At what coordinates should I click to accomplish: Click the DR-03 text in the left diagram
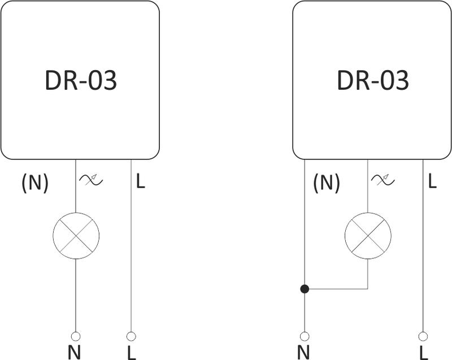(80, 81)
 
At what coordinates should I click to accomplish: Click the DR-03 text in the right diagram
(372, 81)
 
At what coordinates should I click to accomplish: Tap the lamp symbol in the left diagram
(76, 236)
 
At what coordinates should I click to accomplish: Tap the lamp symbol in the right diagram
(368, 236)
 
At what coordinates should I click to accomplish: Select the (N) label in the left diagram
(35, 182)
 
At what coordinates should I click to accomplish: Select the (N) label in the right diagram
(327, 182)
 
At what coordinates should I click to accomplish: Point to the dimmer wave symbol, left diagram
(91, 180)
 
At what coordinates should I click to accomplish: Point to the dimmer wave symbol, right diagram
(383, 180)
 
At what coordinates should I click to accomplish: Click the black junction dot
(305, 289)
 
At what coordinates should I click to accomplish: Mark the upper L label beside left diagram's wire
(141, 181)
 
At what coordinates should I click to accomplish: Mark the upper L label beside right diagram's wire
(432, 181)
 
